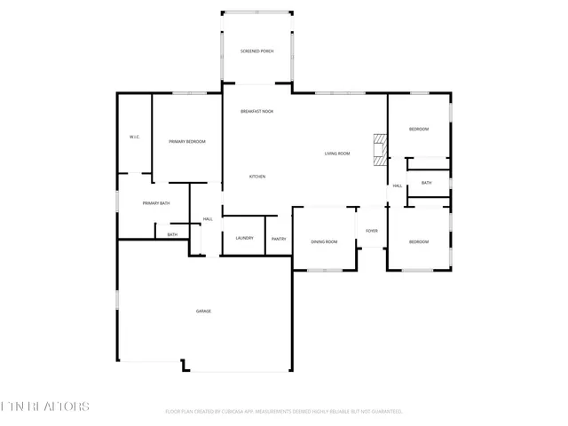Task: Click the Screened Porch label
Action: tap(256, 51)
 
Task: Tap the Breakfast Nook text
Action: tap(256, 111)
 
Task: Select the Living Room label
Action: tap(336, 154)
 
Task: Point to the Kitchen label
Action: tap(256, 177)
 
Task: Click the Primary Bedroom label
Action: tap(187, 141)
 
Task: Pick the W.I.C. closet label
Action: tap(135, 137)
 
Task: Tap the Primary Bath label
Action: tap(155, 203)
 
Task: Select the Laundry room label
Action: tap(244, 238)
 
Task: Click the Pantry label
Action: tap(278, 238)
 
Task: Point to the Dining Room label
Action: tap(324, 241)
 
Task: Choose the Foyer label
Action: tap(371, 231)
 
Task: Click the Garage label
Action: tap(203, 311)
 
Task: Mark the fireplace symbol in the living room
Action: tap(380, 149)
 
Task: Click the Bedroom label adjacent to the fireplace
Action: tap(418, 130)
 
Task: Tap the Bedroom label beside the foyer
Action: tap(418, 241)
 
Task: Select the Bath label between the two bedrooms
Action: tap(426, 183)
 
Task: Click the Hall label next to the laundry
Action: tap(208, 218)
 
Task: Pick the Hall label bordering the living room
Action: tap(398, 185)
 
